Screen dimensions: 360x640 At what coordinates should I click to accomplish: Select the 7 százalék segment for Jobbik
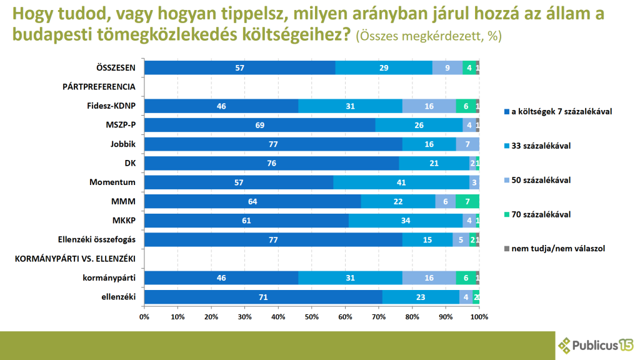tap(467, 144)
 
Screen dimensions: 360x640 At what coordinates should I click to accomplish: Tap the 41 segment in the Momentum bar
tap(401, 182)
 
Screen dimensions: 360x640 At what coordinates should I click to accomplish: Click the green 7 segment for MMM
tap(467, 201)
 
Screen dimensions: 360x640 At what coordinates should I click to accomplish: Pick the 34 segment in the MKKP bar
tap(406, 221)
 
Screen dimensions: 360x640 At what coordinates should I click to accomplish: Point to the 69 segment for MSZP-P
tap(259, 125)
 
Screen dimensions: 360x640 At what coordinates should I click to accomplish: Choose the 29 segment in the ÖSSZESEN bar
tap(384, 68)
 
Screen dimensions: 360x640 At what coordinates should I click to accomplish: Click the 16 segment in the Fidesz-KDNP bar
tap(429, 106)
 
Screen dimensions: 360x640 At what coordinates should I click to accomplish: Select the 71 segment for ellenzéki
tap(263, 297)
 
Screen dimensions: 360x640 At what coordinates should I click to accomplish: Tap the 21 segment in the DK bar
tap(434, 163)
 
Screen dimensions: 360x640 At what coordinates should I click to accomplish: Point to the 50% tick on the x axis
tap(311, 317)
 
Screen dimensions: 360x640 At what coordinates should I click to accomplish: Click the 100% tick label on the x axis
tap(479, 317)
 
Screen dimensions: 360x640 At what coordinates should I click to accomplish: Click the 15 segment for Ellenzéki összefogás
tap(427, 239)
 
